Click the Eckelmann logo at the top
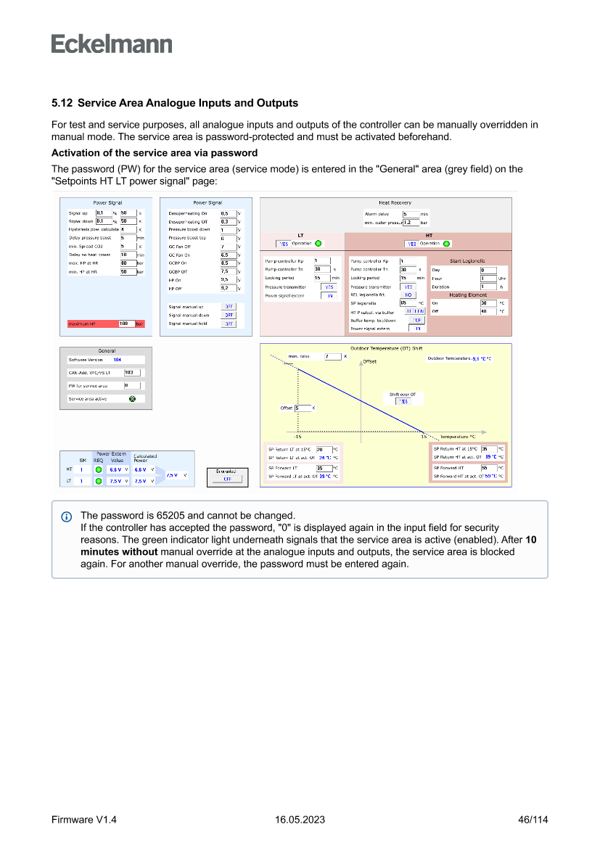(x=112, y=44)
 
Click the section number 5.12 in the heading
(x=62, y=104)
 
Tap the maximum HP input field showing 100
(x=126, y=324)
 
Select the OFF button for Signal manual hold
(x=229, y=324)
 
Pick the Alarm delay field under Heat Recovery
(x=411, y=214)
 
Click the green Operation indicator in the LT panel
(x=318, y=243)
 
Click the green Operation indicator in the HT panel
(x=446, y=244)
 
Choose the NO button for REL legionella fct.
(x=408, y=295)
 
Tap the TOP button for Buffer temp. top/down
(x=416, y=320)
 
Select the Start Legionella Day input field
(x=488, y=270)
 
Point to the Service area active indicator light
(x=132, y=398)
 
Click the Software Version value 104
(x=117, y=360)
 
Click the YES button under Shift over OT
(x=403, y=401)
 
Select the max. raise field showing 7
(x=332, y=356)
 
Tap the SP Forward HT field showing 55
(x=488, y=468)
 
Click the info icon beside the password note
(x=67, y=516)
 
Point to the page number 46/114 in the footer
(x=533, y=819)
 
